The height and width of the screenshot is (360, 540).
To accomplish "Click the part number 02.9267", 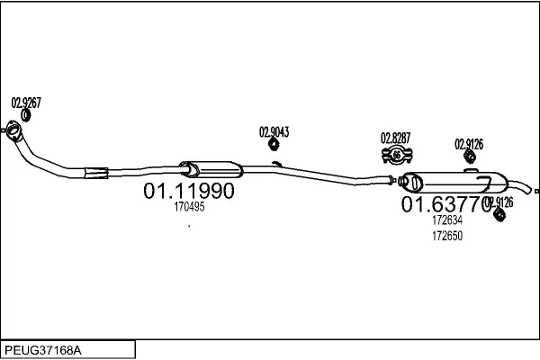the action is point(26,103).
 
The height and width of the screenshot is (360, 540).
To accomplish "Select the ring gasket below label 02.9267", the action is point(25,115).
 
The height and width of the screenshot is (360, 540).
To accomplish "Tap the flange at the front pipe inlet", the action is point(14,130).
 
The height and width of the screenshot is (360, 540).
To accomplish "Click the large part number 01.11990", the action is point(189,191).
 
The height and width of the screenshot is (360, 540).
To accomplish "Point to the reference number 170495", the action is point(189,207).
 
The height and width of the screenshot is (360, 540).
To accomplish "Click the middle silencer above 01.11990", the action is point(211,169).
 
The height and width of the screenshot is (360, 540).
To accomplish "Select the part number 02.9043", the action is point(274,132).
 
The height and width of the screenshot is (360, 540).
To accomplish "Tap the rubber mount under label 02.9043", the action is point(274,144).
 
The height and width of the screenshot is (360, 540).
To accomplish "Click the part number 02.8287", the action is point(395,138).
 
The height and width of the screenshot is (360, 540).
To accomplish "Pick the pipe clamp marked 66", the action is point(397,155).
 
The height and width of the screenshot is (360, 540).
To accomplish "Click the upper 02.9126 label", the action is point(469,144).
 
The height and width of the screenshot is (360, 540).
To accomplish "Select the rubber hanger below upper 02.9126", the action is point(470,157).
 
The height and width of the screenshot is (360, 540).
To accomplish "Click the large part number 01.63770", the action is point(446,203).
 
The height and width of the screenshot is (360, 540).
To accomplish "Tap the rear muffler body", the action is point(454,182).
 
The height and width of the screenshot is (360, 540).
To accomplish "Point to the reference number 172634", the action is point(447,220).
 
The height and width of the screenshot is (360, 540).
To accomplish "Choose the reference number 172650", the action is point(447,236).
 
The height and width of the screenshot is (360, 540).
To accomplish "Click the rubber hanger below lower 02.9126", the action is point(499,214).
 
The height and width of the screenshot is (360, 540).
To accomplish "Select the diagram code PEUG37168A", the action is point(43,350).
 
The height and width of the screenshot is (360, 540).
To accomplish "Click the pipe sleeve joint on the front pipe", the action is point(96,173).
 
